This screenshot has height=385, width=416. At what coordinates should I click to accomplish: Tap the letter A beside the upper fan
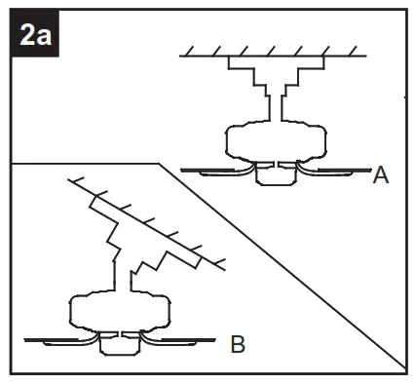pos(381,175)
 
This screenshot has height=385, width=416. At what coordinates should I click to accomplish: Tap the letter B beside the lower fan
pos(237,343)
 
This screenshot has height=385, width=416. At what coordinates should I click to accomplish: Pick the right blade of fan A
pos(336,173)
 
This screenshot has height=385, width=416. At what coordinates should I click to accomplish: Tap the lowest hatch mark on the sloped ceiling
pos(219,261)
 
